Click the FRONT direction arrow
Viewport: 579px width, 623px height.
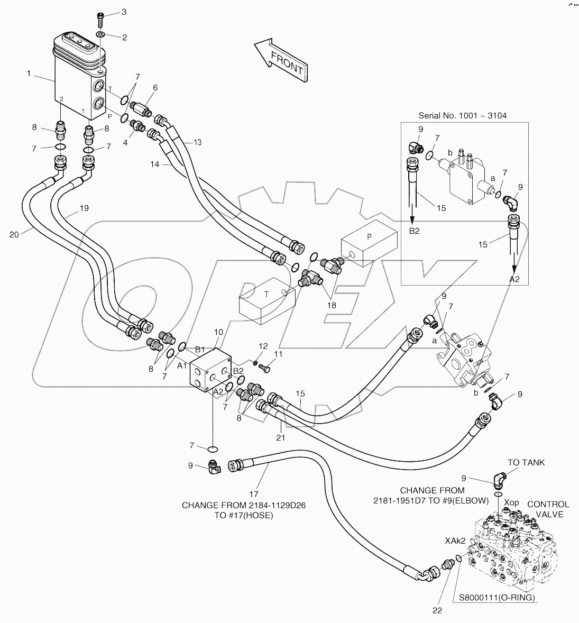pyautogui.click(x=281, y=60)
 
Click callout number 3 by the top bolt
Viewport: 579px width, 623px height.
pyautogui.click(x=125, y=11)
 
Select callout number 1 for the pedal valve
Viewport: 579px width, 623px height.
pyautogui.click(x=30, y=74)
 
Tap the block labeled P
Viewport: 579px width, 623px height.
pyautogui.click(x=369, y=244)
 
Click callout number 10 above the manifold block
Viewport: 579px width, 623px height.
pyautogui.click(x=218, y=332)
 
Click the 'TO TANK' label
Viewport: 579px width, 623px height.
pyautogui.click(x=526, y=463)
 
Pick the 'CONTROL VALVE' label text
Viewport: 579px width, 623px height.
pyautogui.click(x=548, y=509)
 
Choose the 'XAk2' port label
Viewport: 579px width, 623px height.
pyautogui.click(x=455, y=540)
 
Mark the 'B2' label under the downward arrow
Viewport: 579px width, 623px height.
pyautogui.click(x=413, y=231)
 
